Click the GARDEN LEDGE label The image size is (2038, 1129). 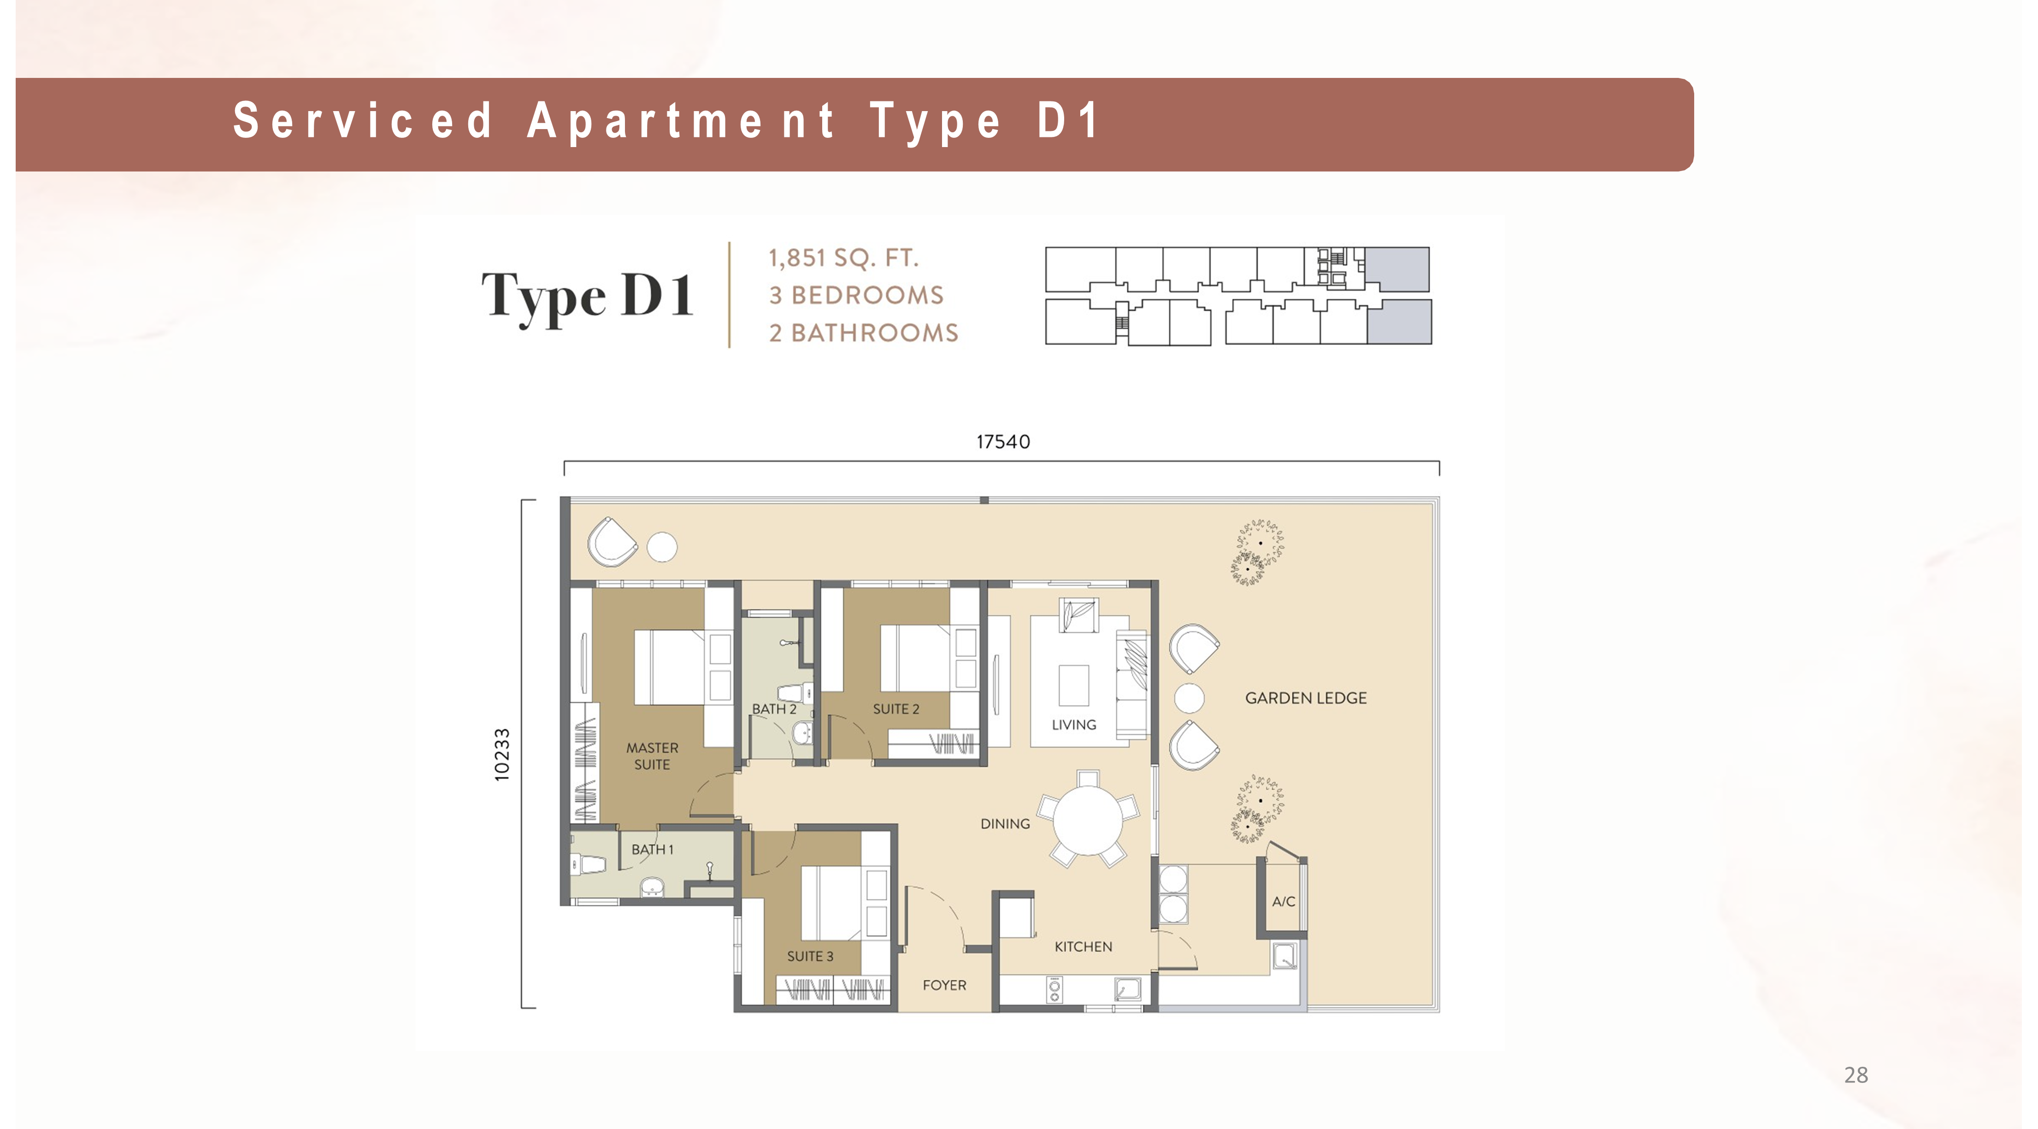1305,698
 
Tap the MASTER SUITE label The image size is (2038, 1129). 652,756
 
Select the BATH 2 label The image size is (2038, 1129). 774,709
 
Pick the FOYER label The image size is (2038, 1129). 944,985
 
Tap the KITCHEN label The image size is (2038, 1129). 1083,946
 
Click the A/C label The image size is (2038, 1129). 1283,901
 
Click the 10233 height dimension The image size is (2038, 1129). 501,755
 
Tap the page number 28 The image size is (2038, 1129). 1855,1075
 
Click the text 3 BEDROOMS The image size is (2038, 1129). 856,295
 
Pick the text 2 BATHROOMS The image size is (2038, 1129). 863,332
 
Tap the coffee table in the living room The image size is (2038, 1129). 1073,685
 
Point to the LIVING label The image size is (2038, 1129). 1073,725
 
